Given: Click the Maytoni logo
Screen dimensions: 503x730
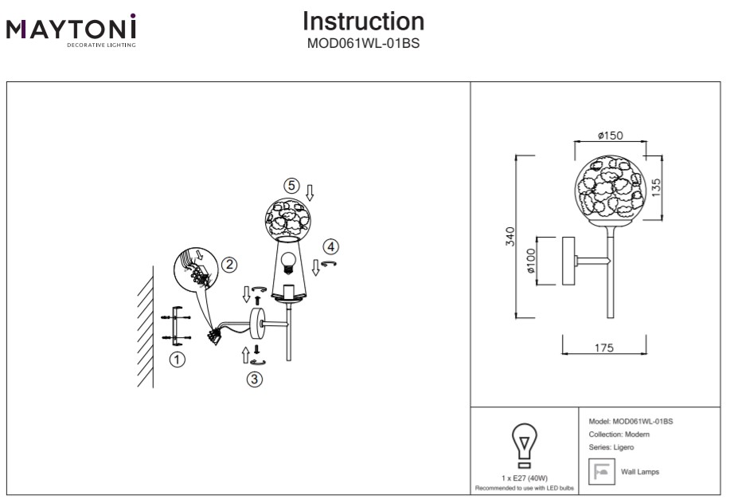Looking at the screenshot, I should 72,29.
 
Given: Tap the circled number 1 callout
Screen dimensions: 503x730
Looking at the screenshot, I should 178,360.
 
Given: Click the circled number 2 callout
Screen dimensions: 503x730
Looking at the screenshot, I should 228,264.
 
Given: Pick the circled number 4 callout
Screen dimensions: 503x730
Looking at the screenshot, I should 330,246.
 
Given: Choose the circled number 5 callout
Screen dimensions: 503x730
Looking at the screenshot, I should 292,186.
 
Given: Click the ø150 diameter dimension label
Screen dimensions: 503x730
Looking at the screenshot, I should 610,136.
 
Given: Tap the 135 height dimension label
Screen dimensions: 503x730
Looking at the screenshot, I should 656,187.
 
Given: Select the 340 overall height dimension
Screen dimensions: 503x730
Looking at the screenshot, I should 510,236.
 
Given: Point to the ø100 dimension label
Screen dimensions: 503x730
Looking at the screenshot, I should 530,261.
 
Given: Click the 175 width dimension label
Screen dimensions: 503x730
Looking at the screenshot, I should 604,348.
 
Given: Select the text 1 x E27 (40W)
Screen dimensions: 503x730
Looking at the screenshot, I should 523,477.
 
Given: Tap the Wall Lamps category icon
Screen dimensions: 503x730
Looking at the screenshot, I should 601,472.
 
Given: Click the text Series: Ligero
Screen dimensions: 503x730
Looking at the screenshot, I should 611,448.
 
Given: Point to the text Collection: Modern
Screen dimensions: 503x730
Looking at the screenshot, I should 619,434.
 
